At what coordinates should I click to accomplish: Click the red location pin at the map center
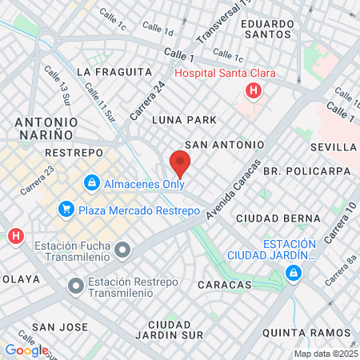pos(180,164)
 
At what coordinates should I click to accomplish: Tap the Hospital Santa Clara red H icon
pos(254,90)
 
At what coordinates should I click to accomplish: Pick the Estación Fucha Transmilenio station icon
pos(122,251)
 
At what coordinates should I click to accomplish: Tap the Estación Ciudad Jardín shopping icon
pos(294,274)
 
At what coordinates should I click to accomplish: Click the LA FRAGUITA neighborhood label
pos(113,71)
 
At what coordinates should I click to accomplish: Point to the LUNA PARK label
pos(184,120)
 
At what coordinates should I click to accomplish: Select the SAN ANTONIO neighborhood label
pos(224,145)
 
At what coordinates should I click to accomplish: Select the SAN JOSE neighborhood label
pos(59,327)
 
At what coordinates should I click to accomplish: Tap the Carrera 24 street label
pos(148,99)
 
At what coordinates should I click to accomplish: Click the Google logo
pos(26,350)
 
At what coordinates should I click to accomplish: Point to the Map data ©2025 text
pos(324,354)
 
